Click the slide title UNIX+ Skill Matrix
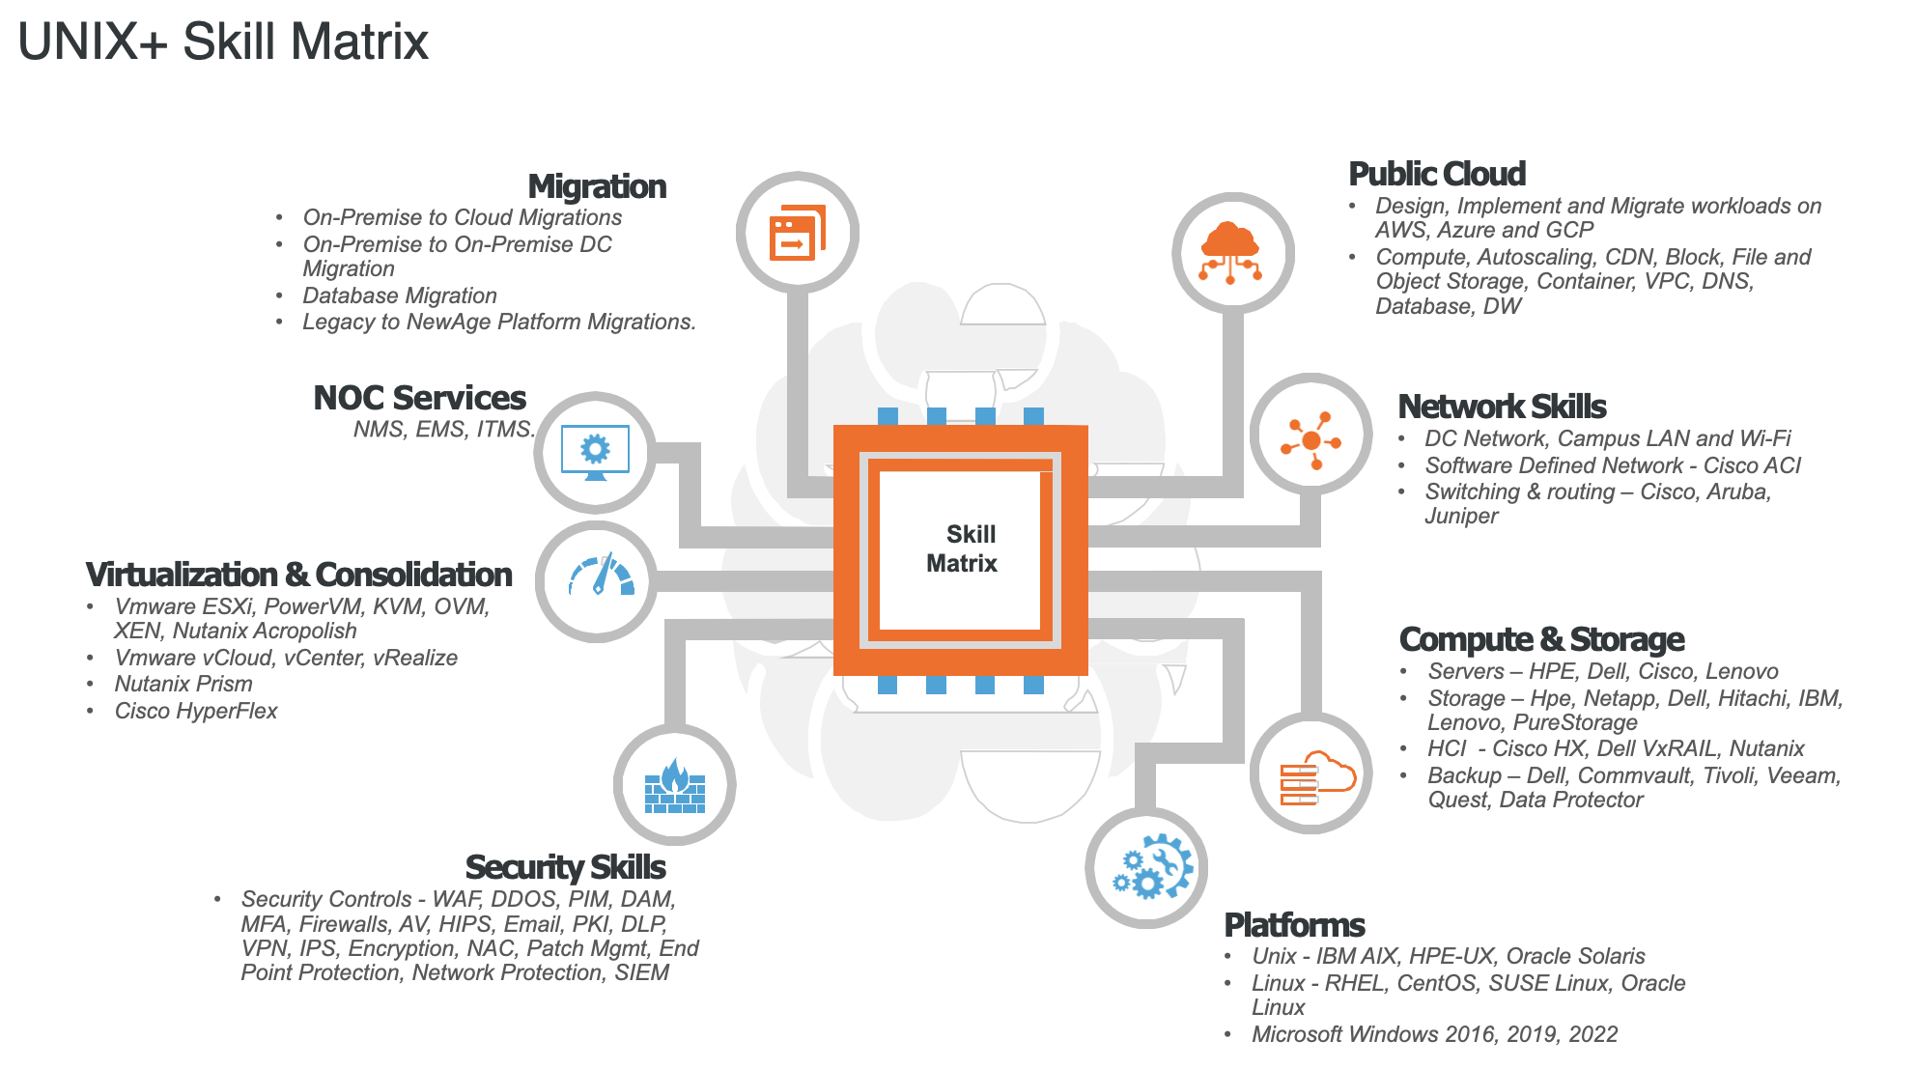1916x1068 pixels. [223, 42]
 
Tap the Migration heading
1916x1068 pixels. [597, 186]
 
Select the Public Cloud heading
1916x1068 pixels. [1437, 174]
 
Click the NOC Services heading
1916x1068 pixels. [419, 398]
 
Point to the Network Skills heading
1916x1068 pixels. [1502, 407]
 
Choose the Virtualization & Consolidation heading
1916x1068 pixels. [298, 575]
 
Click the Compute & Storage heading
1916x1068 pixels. [1541, 639]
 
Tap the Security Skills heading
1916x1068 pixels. [565, 867]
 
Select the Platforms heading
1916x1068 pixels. [1294, 925]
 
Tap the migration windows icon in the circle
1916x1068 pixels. [798, 233]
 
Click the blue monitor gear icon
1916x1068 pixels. [595, 452]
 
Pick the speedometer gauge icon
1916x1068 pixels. [601, 576]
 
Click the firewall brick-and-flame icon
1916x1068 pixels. [675, 786]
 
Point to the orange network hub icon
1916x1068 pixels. [1310, 440]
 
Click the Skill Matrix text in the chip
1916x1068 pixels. [962, 548]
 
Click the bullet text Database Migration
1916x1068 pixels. [400, 295]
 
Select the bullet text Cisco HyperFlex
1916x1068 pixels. [196, 711]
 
